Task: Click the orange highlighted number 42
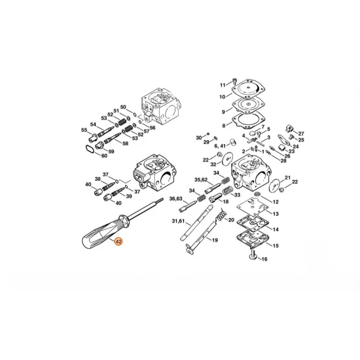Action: (x=118, y=242)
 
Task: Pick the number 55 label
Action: (x=84, y=130)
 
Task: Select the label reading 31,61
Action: (x=177, y=221)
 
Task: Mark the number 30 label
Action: (x=198, y=137)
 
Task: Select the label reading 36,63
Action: (x=175, y=198)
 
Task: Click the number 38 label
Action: (x=98, y=179)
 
